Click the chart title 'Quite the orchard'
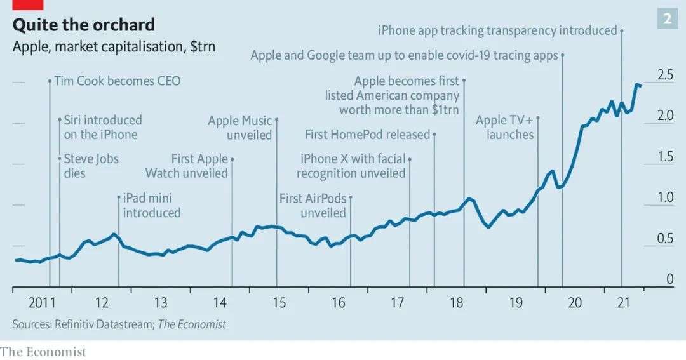point(83,25)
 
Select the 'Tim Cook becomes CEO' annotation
point(118,81)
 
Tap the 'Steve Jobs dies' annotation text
point(91,165)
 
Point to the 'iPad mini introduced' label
point(152,205)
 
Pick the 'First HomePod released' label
point(367,135)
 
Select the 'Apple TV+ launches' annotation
point(506,128)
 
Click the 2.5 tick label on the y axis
point(665,76)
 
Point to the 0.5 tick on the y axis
point(665,239)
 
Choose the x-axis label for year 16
point(339,303)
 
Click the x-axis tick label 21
point(634,303)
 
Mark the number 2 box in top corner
point(667,19)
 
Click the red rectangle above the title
point(27,4)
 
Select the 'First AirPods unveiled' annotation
point(314,205)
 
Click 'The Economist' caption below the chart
point(43,351)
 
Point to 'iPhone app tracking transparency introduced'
point(497,30)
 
